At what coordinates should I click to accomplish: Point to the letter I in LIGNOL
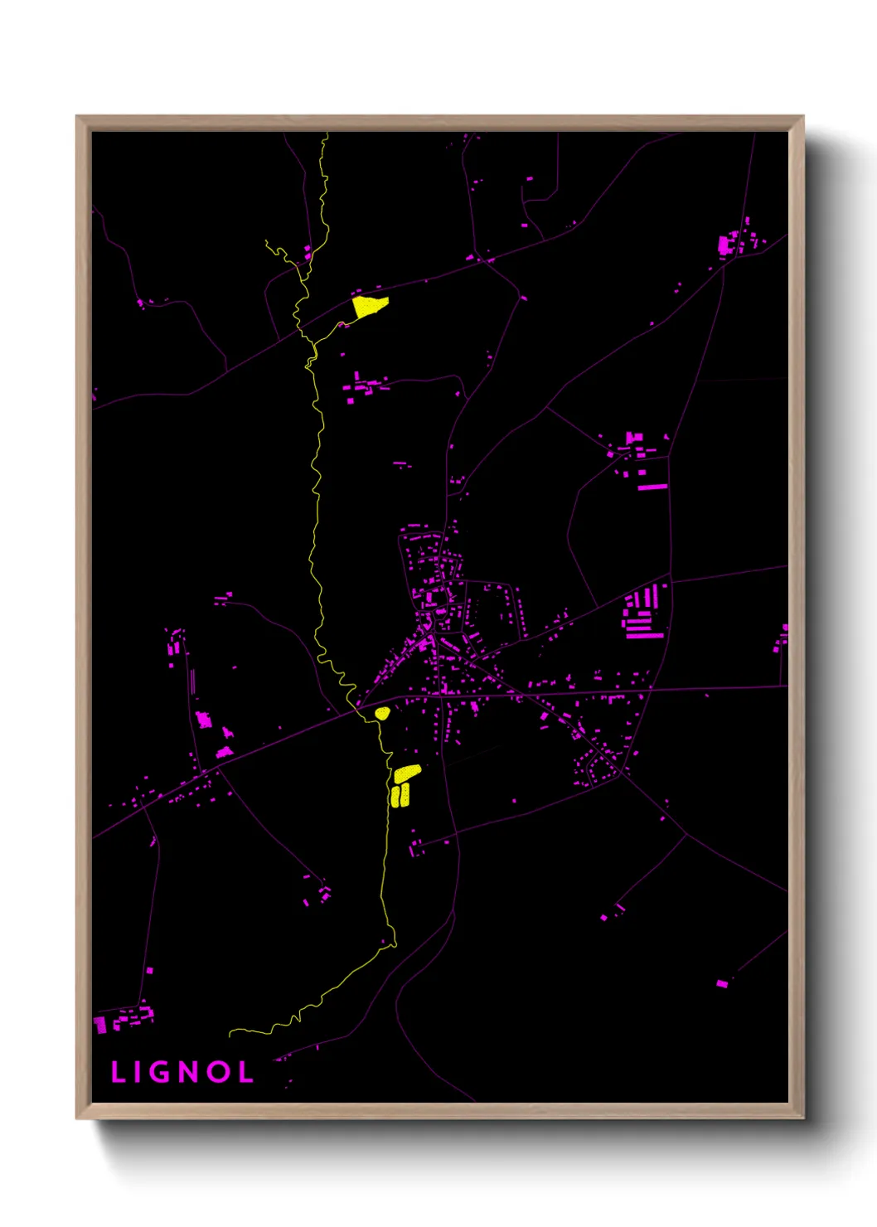[x=136, y=1072]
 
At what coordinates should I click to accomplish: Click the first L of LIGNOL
[x=118, y=1072]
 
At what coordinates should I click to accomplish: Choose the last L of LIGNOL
[x=245, y=1072]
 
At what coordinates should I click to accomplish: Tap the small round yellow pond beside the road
[x=382, y=713]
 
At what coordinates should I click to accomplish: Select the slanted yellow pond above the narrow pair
[x=407, y=773]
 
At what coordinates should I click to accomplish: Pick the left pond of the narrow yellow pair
[x=395, y=797]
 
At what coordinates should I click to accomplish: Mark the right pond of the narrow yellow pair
[x=405, y=794]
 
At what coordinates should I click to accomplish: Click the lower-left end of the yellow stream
[x=230, y=1033]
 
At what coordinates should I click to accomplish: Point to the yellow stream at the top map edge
[x=326, y=134]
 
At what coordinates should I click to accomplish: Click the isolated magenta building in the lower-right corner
[x=722, y=983]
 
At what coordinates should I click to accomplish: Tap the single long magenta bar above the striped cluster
[x=652, y=487]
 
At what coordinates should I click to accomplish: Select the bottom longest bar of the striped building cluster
[x=645, y=636]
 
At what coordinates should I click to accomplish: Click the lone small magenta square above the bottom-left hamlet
[x=149, y=970]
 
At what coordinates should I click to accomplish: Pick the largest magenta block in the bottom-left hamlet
[x=101, y=1026]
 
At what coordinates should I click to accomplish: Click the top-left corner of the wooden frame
[x=77, y=117]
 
